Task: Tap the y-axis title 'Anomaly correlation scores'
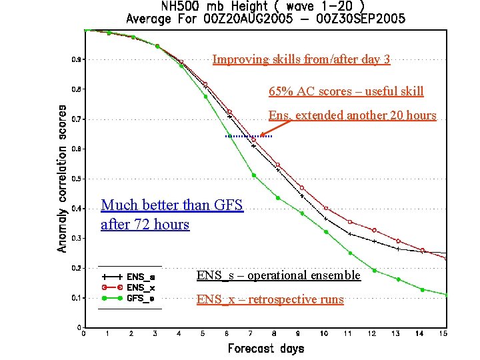[62, 178]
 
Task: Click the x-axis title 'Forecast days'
[265, 348]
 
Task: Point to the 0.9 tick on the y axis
[77, 60]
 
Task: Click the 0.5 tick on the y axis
[77, 179]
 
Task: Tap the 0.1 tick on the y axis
[77, 297]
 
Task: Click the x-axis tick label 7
[251, 333]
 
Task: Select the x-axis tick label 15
[443, 333]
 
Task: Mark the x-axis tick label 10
[323, 333]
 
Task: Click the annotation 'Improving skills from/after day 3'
[301, 60]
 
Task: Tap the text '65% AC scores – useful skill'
[346, 91]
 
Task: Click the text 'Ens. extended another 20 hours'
[352, 115]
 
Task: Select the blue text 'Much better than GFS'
[172, 205]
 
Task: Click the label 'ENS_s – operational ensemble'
[278, 275]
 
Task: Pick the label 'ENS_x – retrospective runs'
[270, 299]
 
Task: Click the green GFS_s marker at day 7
[253, 175]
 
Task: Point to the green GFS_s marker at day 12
[374, 271]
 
